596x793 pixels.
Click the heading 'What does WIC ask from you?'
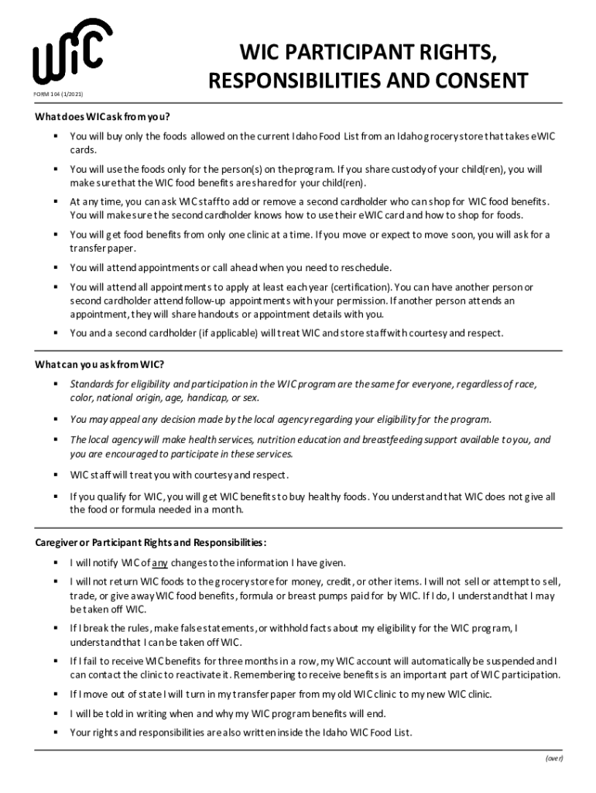[101, 118]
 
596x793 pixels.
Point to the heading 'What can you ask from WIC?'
[99, 365]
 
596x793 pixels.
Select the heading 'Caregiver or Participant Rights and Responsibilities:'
[150, 542]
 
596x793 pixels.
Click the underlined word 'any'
[159, 563]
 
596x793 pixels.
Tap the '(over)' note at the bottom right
[553, 758]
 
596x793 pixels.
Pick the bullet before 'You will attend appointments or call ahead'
[57, 268]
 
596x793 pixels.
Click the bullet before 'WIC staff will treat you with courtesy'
[57, 475]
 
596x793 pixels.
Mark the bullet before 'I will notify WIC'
[57, 563]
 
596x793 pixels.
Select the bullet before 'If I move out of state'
[57, 694]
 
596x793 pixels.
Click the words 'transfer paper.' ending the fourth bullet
[92, 249]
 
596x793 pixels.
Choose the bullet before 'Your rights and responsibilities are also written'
[57, 732]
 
